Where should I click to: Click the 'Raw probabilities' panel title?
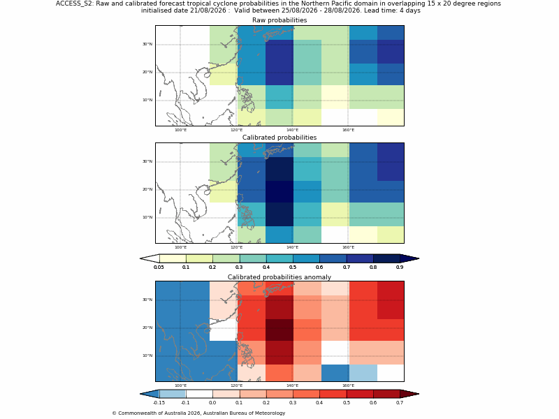(x=279, y=20)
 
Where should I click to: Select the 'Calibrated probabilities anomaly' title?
(x=279, y=277)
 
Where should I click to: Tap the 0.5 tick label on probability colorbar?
(x=293, y=267)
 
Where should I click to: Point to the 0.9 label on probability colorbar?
(x=400, y=267)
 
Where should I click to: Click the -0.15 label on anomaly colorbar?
(x=159, y=403)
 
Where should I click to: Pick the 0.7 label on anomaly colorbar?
(x=400, y=403)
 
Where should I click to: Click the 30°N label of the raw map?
(x=147, y=44)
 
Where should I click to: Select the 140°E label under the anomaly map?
(x=292, y=385)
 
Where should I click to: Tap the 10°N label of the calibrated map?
(x=147, y=217)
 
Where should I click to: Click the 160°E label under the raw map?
(x=348, y=130)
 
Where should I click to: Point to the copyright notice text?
(x=198, y=413)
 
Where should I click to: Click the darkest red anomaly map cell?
(x=279, y=330)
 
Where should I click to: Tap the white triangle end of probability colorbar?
(x=150, y=258)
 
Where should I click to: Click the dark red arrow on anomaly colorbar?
(x=409, y=394)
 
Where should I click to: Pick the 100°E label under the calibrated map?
(x=180, y=247)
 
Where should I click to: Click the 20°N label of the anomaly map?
(x=147, y=328)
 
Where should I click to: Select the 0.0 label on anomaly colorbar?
(x=212, y=403)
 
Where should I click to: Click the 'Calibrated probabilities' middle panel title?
(x=279, y=138)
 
